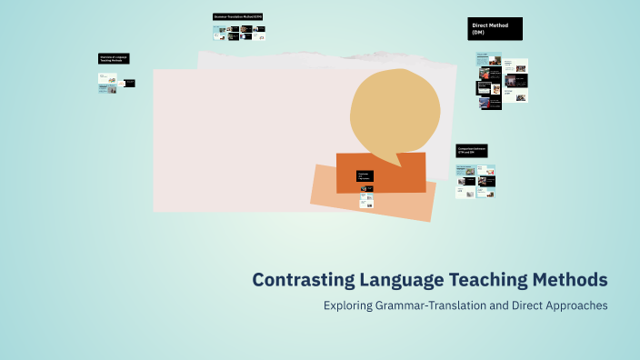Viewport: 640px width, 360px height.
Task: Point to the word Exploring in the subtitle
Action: [347, 305]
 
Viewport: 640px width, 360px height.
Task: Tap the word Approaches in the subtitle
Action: [575, 305]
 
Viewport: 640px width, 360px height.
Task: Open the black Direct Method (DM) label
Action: [495, 29]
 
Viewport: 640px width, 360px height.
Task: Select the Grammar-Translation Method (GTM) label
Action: [237, 16]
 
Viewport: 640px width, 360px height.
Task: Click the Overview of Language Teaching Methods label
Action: [114, 58]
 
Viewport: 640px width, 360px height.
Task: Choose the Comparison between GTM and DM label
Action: [472, 150]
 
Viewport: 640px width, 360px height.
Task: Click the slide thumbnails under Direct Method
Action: [502, 82]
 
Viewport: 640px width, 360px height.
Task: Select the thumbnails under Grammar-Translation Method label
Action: [238, 32]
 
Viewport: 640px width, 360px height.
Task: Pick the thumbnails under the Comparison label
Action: [475, 181]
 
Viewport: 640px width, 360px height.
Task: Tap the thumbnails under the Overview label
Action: [115, 82]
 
